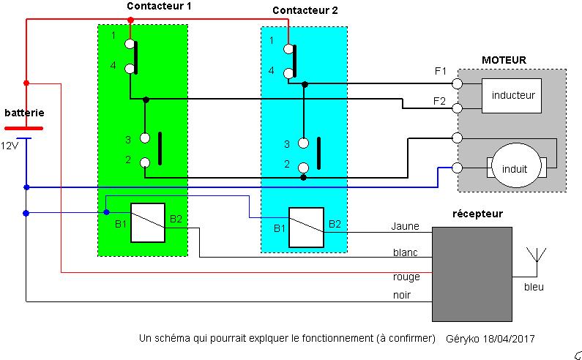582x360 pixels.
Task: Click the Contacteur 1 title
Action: pos(159,6)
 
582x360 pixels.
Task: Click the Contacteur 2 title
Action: pos(306,10)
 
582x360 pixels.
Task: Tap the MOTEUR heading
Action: pos(504,60)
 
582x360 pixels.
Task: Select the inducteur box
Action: pos(513,96)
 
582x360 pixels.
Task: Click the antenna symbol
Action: pos(537,256)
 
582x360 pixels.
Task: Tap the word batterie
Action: pos(24,113)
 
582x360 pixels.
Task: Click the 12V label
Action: pos(9,146)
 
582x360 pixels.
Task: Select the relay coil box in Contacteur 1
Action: pos(148,222)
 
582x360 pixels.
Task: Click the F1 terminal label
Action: pos(441,71)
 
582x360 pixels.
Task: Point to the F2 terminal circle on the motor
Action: pos(457,109)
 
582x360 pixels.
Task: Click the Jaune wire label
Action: pos(405,226)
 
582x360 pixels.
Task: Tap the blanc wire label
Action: pos(405,253)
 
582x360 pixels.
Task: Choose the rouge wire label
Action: pos(406,277)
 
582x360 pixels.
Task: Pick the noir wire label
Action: pos(402,295)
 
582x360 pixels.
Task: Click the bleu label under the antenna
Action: pos(534,288)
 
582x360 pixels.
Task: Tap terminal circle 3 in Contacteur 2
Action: pos(303,143)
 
